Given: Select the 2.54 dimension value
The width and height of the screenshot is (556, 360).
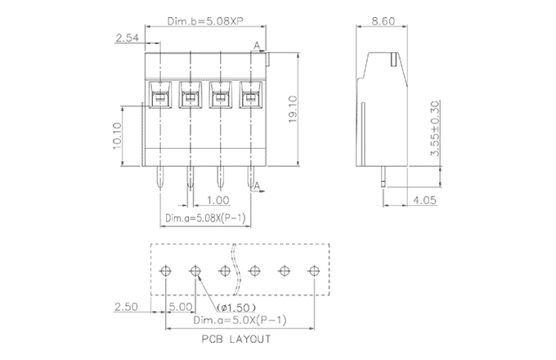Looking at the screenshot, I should pyautogui.click(x=128, y=38).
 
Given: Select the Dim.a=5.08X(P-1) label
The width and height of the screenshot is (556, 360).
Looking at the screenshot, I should pyautogui.click(x=205, y=218).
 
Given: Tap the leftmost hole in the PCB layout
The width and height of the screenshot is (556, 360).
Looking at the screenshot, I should pyautogui.click(x=166, y=270).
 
